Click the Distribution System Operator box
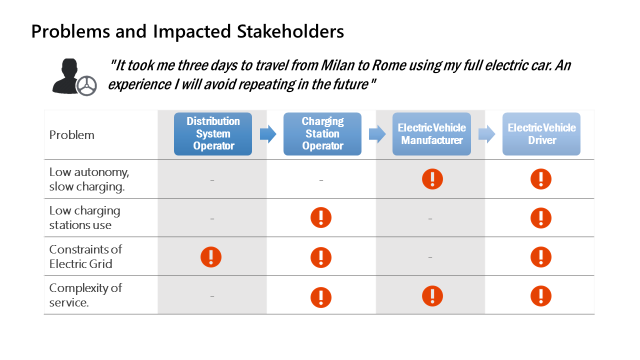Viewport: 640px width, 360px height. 213,134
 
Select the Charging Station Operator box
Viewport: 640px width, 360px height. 322,134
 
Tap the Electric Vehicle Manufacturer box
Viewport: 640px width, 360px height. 431,134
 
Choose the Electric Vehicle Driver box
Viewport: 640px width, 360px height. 541,134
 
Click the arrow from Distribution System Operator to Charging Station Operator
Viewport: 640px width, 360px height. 268,133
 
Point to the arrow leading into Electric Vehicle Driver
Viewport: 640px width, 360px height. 487,133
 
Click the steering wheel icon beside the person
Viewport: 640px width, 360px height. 86,85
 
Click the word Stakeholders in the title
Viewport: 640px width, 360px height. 290,31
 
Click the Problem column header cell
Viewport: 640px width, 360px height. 71,135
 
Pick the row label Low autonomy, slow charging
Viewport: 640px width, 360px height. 89,179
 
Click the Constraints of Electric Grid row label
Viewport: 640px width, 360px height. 85,256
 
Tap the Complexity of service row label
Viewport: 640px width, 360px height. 85,295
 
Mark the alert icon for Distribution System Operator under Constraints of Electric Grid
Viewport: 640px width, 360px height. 211,257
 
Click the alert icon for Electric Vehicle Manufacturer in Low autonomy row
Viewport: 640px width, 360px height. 432,179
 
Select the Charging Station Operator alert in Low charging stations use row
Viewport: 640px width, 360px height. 321,217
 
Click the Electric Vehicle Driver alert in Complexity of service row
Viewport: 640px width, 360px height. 541,296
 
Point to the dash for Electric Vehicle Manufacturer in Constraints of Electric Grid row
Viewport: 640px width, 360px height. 430,257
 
